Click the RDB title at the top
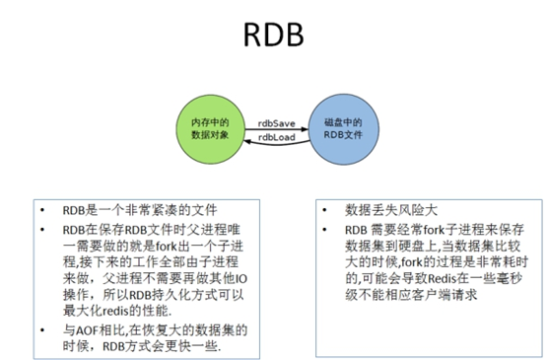(272, 37)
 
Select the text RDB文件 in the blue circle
(342, 134)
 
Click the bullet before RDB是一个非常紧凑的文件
(41, 211)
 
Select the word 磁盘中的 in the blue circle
(342, 121)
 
